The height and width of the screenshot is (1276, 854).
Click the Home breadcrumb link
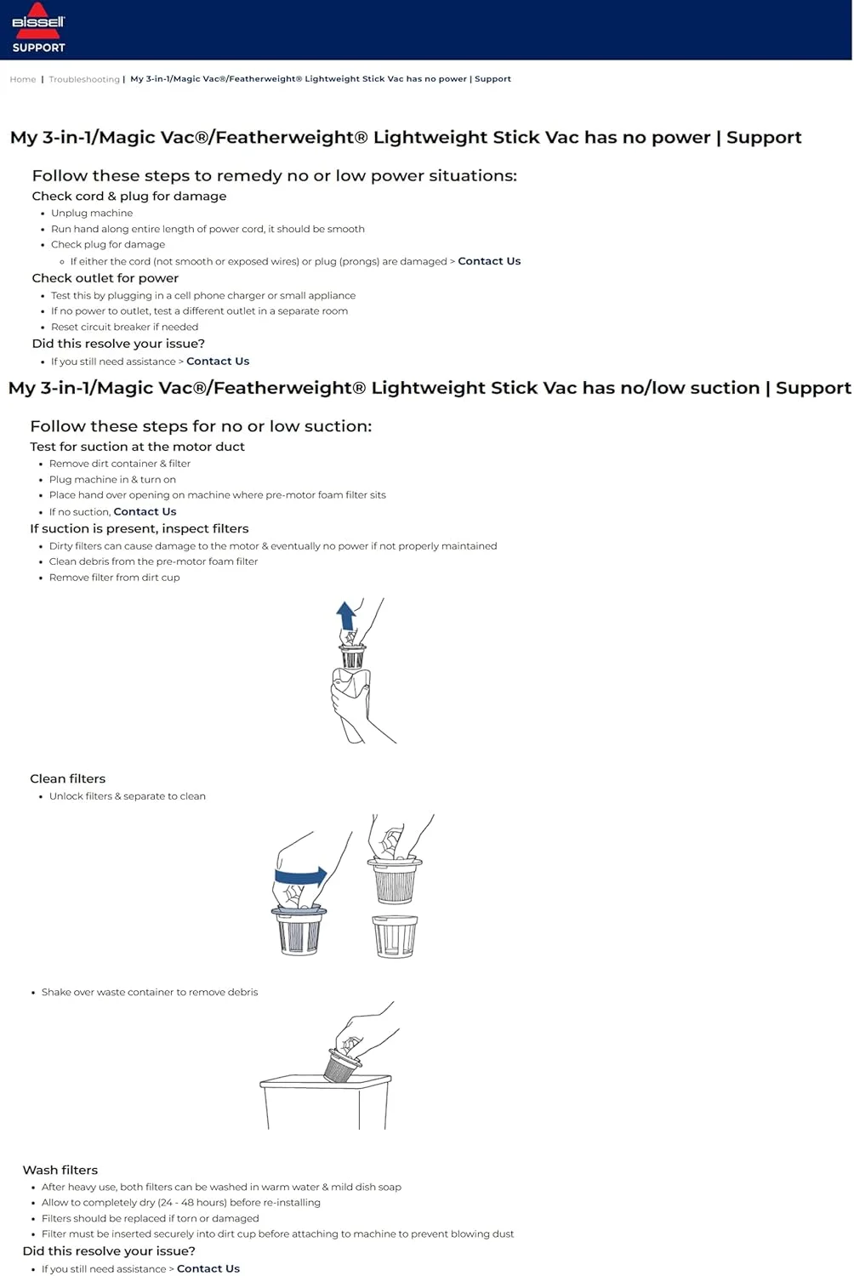coord(23,79)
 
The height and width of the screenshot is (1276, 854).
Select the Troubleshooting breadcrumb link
coord(84,79)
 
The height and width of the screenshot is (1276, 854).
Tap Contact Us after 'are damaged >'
coord(489,261)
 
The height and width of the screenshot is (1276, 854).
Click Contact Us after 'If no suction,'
coord(145,511)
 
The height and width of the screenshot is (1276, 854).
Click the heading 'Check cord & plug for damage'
coord(129,196)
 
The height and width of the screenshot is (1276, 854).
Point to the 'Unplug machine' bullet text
coord(92,213)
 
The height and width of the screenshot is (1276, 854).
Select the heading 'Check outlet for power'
coord(105,278)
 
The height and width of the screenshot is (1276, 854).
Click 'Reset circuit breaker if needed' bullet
coord(124,327)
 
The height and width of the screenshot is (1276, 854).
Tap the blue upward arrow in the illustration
coord(345,614)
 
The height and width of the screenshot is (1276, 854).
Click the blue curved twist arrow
coord(302,876)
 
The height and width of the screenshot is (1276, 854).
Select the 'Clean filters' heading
coord(68,778)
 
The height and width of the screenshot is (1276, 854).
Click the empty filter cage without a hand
coord(396,936)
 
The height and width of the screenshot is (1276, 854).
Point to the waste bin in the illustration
coord(325,1102)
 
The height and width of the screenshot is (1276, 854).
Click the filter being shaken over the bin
coord(342,1063)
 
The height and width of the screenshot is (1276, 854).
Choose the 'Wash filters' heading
coord(60,1170)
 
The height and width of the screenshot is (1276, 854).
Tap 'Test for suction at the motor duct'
coord(137,447)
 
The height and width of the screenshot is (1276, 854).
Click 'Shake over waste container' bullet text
coord(150,992)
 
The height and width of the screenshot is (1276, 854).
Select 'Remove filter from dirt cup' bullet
coord(114,577)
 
